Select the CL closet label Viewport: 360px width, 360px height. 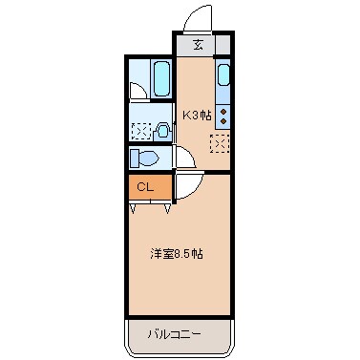pos(145,187)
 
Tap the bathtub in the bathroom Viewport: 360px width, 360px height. pos(159,79)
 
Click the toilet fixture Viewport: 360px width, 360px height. pos(149,159)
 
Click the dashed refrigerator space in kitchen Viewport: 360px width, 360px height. pos(221,144)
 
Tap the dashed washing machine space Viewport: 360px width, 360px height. pos(139,131)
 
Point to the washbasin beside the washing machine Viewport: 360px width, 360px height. pos(163,132)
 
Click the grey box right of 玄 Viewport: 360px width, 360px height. pos(223,45)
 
